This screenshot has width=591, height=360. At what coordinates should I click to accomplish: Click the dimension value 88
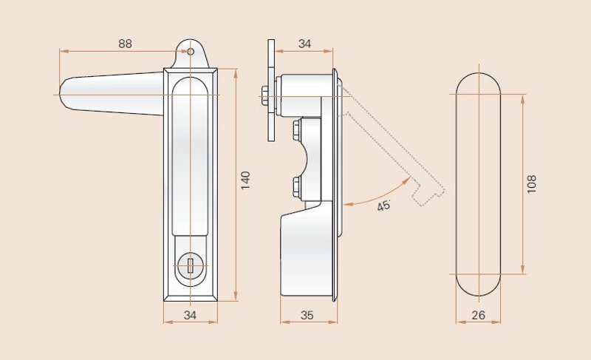point(125,44)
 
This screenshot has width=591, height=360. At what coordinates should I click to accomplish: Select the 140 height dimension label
point(245,180)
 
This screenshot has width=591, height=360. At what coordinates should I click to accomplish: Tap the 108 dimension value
point(531,184)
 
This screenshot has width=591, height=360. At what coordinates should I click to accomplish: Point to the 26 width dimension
point(478,315)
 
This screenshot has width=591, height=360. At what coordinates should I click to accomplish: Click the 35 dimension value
point(307,315)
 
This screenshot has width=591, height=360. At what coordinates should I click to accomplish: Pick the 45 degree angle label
point(384,206)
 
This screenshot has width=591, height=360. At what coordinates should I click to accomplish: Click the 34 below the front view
point(190,315)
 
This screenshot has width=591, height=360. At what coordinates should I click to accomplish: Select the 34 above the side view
point(304,44)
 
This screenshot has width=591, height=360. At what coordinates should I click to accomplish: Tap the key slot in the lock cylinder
point(191,265)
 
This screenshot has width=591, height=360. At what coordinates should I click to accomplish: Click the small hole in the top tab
point(191,52)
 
